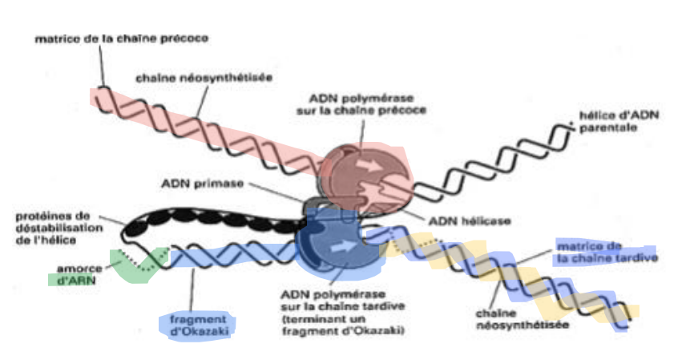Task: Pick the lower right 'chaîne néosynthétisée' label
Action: [x=510, y=319]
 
